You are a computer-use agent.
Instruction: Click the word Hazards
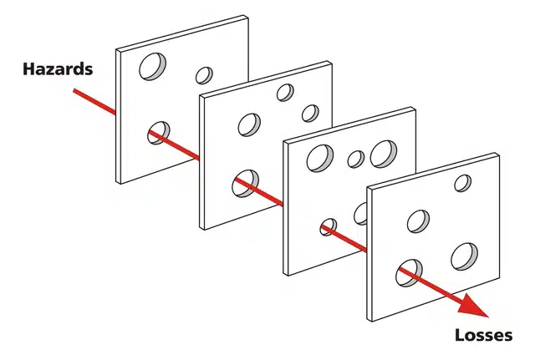pos(58,68)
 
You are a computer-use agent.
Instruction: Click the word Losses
pos(483,336)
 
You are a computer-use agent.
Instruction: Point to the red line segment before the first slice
pos(94,101)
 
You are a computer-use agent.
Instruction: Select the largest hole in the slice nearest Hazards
pos(152,67)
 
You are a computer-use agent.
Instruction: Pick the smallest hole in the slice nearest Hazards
pos(204,75)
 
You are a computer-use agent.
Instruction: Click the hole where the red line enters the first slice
pos(158,133)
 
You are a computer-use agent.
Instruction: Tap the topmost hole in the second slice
pos(285,93)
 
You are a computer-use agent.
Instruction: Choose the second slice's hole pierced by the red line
pos(245,184)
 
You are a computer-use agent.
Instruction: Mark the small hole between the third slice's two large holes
pos(356,159)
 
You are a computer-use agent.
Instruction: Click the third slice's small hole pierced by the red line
pos(329,226)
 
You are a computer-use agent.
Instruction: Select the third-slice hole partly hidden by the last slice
pos(360,214)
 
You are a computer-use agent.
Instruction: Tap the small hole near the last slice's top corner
pos(463,183)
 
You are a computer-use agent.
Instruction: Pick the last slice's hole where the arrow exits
pos(409,273)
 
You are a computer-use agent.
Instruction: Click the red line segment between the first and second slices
pos(175,145)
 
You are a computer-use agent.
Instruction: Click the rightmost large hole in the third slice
pos(384,154)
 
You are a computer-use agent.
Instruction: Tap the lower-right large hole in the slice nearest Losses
pos(465,256)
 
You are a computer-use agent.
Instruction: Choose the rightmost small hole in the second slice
pos(310,114)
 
